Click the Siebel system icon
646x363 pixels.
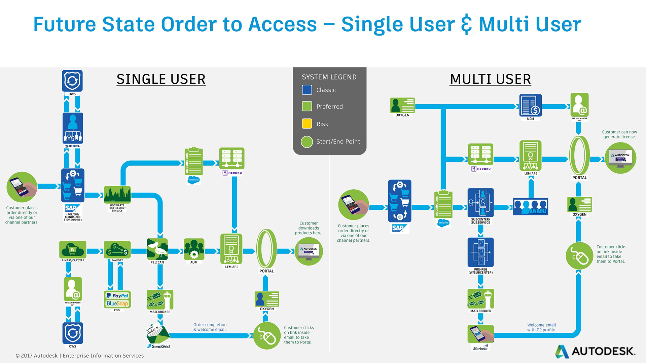coord(73,128)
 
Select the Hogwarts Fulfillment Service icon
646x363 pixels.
coord(117,195)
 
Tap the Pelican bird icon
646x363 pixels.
coord(157,249)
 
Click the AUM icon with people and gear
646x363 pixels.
coord(194,249)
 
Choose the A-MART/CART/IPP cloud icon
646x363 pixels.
coord(73,249)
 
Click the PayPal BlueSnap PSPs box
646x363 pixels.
coord(117,299)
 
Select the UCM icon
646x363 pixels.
coord(530,105)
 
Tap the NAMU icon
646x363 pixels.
coord(530,206)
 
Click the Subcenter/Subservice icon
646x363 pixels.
coord(480,203)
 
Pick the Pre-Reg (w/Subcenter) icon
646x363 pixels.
coord(480,252)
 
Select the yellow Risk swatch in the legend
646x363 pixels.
coord(307,124)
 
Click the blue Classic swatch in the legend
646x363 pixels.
coord(307,90)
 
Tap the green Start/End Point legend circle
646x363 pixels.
coord(307,142)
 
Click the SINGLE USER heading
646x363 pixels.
coord(161,79)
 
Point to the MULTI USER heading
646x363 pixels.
coord(490,79)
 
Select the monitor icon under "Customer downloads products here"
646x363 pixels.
coord(309,251)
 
